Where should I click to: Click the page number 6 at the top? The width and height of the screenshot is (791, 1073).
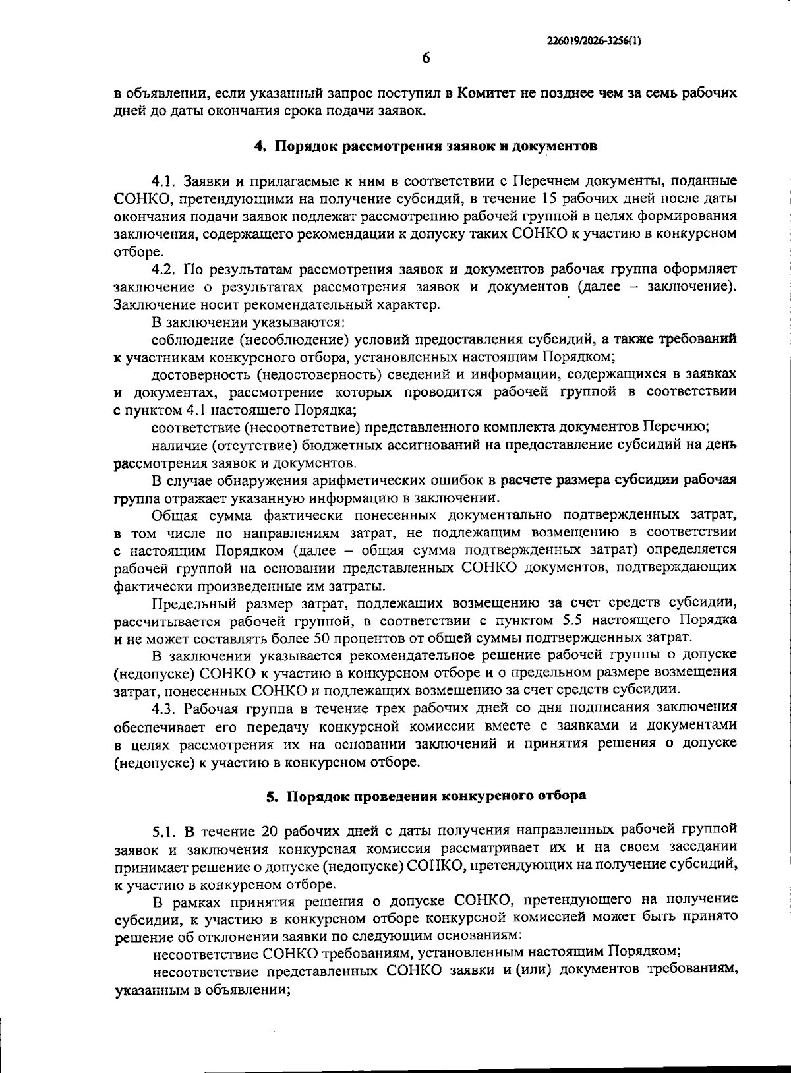(x=426, y=59)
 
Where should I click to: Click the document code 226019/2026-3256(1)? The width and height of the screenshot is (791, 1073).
(x=594, y=41)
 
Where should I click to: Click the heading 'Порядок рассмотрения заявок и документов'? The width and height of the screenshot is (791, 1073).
(x=436, y=146)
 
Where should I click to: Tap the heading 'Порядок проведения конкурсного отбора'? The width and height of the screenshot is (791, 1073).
(x=436, y=796)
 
